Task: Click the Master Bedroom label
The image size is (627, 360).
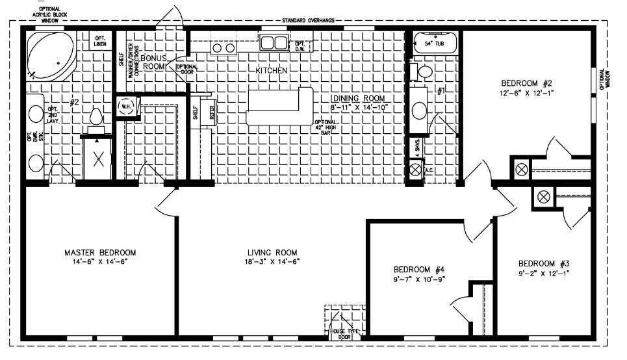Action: pyautogui.click(x=99, y=252)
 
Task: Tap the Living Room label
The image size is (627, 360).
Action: pyautogui.click(x=272, y=252)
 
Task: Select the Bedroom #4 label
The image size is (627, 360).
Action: pyautogui.click(x=418, y=269)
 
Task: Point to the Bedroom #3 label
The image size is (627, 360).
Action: pyautogui.click(x=543, y=263)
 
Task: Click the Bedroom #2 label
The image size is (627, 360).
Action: pyautogui.click(x=526, y=83)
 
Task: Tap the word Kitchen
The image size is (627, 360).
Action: pyautogui.click(x=272, y=70)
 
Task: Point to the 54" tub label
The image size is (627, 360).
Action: pyautogui.click(x=433, y=43)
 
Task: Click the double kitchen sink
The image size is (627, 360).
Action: pyautogui.click(x=274, y=43)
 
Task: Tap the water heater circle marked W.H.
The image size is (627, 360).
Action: pyautogui.click(x=125, y=107)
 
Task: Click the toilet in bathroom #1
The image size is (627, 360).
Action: pyautogui.click(x=425, y=71)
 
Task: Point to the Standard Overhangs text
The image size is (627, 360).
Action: pyautogui.click(x=308, y=21)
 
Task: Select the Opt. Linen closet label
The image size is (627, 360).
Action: pyautogui.click(x=101, y=40)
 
